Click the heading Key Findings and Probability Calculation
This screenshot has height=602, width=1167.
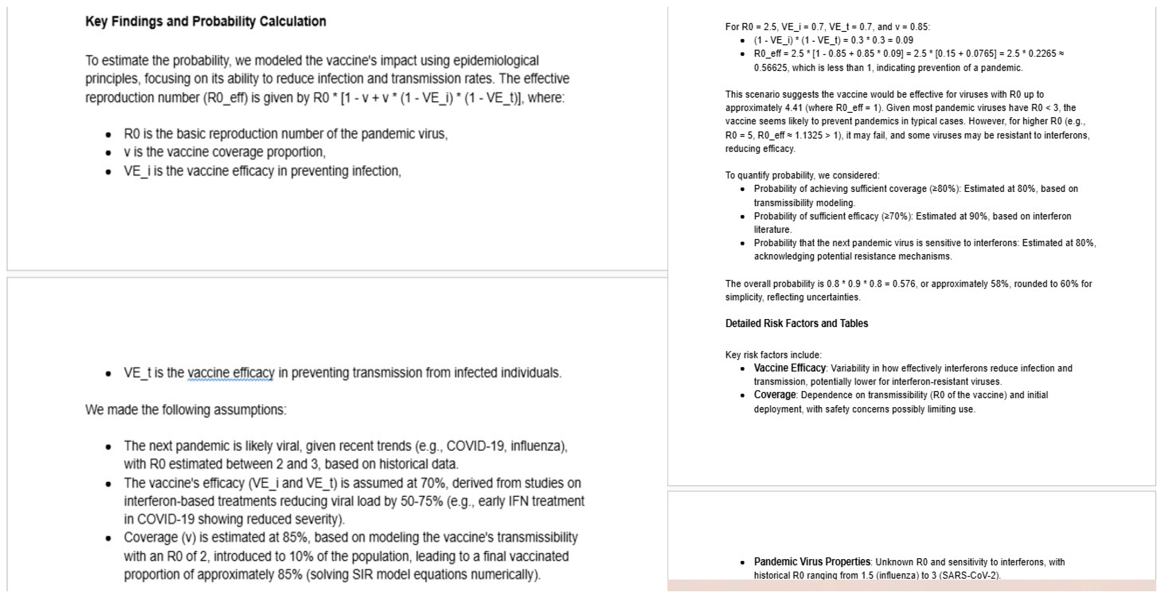[206, 21]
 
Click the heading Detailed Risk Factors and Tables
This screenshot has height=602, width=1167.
[796, 323]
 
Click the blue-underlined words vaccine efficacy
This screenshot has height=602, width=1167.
[231, 373]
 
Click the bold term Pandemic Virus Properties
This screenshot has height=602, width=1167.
[812, 562]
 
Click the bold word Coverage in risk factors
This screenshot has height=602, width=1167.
[774, 395]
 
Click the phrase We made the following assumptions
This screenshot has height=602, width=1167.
[186, 410]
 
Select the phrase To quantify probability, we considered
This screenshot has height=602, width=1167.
[802, 175]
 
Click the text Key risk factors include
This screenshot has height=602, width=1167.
[773, 355]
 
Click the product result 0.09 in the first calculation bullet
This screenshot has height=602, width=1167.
[904, 40]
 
